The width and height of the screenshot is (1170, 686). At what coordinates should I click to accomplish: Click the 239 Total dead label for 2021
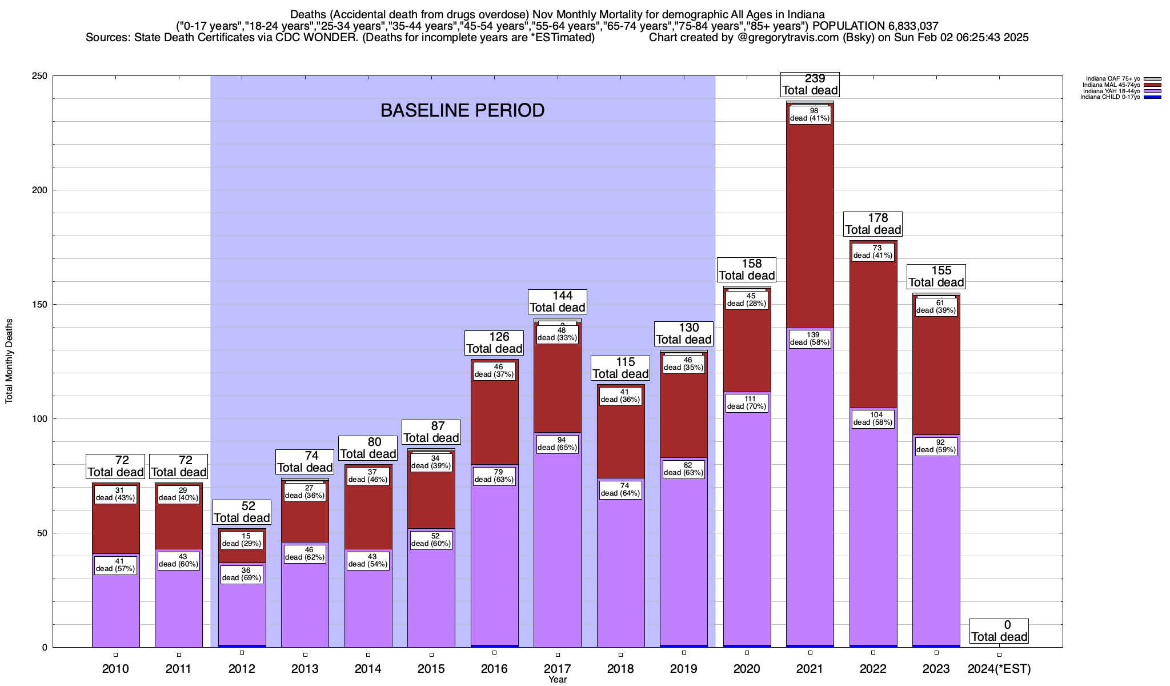810,85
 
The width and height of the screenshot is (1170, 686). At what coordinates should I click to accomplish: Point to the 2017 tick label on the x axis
557,668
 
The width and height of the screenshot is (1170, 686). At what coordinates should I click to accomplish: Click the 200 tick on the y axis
43,190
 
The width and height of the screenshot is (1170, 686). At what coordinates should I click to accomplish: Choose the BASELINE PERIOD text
462,110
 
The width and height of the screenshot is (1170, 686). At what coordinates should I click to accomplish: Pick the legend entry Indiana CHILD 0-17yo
1110,97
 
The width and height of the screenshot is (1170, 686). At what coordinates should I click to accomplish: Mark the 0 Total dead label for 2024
999,631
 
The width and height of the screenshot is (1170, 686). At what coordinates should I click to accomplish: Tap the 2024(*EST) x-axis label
999,668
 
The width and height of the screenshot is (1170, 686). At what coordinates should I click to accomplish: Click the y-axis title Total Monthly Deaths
9,361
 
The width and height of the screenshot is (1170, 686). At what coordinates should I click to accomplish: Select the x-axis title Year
557,680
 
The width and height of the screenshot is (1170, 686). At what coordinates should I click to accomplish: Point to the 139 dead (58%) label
810,338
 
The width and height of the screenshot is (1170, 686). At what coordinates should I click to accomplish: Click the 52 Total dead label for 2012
242,512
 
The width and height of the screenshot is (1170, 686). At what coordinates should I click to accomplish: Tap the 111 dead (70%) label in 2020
747,402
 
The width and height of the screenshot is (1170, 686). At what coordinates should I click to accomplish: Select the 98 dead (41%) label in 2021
810,114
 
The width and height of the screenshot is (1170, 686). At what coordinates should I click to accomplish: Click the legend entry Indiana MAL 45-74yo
1111,85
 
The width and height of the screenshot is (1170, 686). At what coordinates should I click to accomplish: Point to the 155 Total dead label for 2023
936,277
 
